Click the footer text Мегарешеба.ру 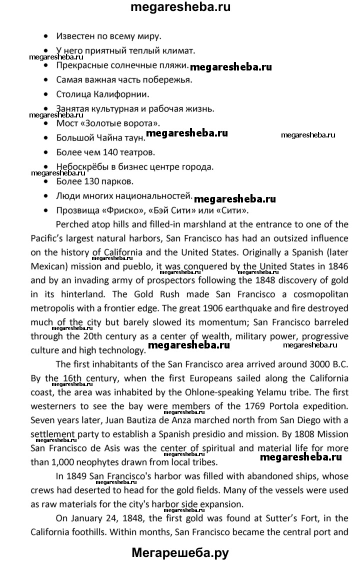coord(180,552)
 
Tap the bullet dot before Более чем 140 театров coord(46,151)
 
